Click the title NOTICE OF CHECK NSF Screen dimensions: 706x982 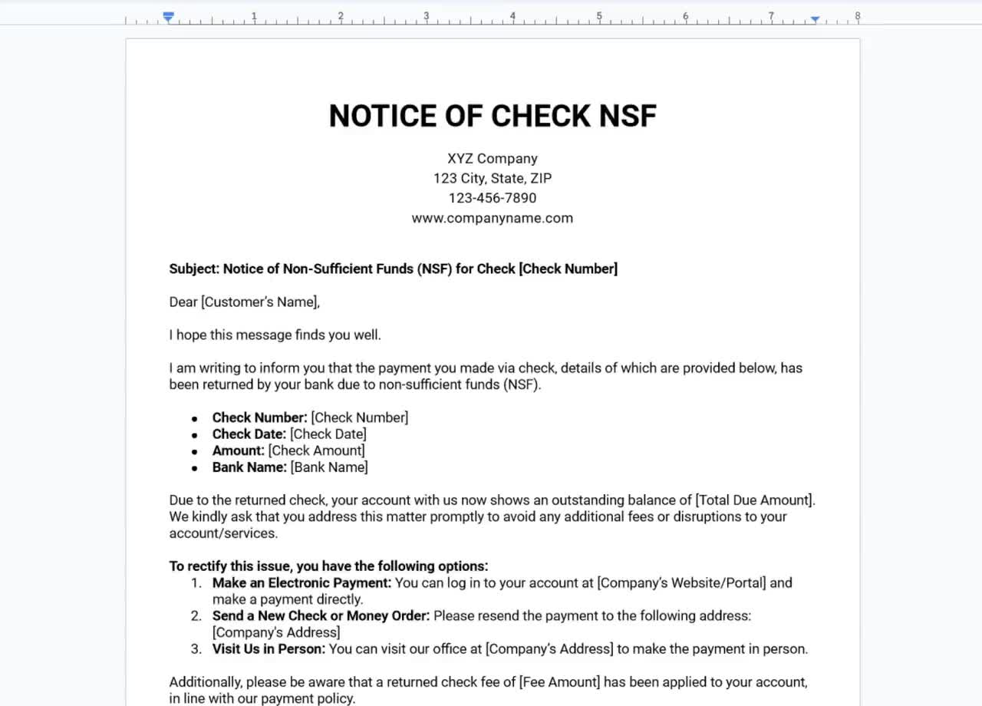[493, 116]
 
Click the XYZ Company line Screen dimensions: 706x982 [493, 159]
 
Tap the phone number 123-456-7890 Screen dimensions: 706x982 [493, 198]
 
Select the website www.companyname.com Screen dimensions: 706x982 [493, 218]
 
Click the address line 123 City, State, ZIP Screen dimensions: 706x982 [493, 178]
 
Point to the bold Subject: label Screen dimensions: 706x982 [194, 269]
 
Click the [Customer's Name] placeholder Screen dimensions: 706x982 [259, 302]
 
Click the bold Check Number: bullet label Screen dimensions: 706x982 [259, 417]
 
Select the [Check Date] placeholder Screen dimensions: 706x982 [328, 434]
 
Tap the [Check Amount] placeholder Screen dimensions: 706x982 [317, 450]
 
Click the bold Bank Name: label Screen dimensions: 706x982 [249, 467]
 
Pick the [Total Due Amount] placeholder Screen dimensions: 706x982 [754, 500]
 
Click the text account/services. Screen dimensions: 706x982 [223, 533]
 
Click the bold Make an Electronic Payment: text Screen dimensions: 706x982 [302, 583]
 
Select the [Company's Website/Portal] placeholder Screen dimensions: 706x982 [681, 583]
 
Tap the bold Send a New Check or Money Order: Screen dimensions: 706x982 [321, 616]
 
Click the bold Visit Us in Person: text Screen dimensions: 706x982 [269, 649]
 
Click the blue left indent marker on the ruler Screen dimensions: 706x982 [169, 17]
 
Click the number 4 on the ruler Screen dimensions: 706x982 [512, 15]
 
